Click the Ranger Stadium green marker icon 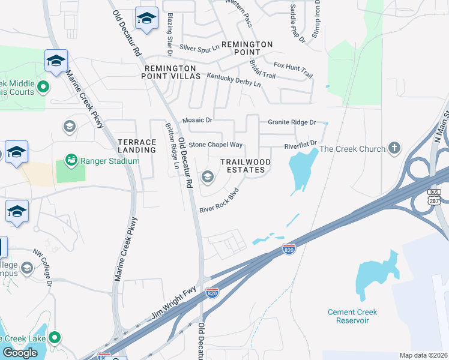pyautogui.click(x=71, y=160)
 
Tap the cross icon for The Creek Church pyautogui.click(x=394, y=148)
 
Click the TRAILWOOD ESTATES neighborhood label pyautogui.click(x=245, y=166)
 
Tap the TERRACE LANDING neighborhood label pyautogui.click(x=137, y=146)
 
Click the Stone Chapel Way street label pyautogui.click(x=215, y=145)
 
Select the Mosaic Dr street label pyautogui.click(x=197, y=120)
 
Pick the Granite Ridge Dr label pyautogui.click(x=292, y=122)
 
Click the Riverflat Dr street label pyautogui.click(x=300, y=146)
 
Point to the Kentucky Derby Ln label pyautogui.click(x=234, y=80)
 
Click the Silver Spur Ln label pyautogui.click(x=199, y=47)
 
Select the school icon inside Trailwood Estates pyautogui.click(x=208, y=176)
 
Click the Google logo pyautogui.click(x=20, y=353)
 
